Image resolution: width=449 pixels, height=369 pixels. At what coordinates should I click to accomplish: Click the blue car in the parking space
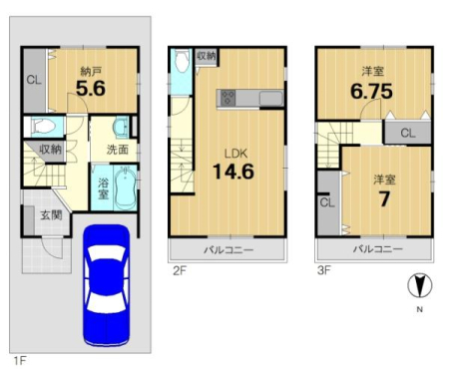pyautogui.click(x=106, y=286)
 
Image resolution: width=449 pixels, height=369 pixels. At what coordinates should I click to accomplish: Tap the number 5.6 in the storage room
pyautogui.click(x=91, y=89)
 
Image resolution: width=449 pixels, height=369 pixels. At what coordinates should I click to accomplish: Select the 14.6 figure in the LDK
pyautogui.click(x=233, y=172)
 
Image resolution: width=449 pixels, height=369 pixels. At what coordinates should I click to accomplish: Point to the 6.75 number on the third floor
pyautogui.click(x=371, y=91)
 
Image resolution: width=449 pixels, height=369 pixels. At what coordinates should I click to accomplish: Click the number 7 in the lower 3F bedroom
pyautogui.click(x=384, y=199)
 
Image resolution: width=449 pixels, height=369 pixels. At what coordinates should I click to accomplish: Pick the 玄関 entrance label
pyautogui.click(x=51, y=215)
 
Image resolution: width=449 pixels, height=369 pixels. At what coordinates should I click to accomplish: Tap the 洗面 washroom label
pyautogui.click(x=118, y=150)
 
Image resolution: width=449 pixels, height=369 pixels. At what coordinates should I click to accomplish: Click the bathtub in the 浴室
pyautogui.click(x=125, y=188)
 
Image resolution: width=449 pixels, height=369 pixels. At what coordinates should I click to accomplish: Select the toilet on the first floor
pyautogui.click(x=43, y=127)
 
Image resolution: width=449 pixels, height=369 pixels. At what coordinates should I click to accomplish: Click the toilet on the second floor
pyautogui.click(x=182, y=61)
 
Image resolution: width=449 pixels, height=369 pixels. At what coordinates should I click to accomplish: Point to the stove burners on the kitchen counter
pyautogui.click(x=227, y=98)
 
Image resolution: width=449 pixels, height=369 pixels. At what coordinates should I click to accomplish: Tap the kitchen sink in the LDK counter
pyautogui.click(x=271, y=99)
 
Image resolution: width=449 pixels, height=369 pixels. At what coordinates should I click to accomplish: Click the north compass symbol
pyautogui.click(x=420, y=285)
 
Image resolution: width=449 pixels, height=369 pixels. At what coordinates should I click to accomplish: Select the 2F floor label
pyautogui.click(x=180, y=271)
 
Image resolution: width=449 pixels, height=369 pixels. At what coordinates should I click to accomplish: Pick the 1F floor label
pyautogui.click(x=20, y=360)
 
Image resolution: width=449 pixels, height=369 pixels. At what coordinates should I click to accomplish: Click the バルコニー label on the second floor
pyautogui.click(x=228, y=250)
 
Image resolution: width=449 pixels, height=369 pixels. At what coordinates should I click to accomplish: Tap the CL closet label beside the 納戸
pyautogui.click(x=34, y=80)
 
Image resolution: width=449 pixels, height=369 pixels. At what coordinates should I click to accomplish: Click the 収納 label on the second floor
pyautogui.click(x=207, y=56)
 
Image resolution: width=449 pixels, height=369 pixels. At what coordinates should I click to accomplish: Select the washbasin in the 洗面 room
pyautogui.click(x=121, y=127)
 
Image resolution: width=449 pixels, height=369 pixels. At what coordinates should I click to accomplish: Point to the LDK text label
pyautogui.click(x=236, y=154)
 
